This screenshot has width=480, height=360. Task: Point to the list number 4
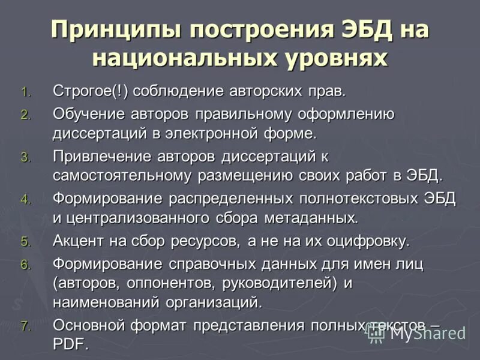click(25, 200)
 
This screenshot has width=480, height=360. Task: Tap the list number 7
click(25, 327)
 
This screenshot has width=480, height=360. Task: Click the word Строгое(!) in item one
click(91, 92)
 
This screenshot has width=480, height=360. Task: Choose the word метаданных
click(311, 217)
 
